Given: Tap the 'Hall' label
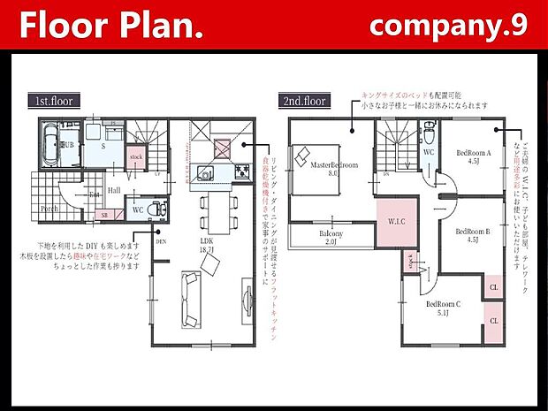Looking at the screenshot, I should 115,189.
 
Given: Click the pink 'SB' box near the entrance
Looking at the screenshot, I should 105,215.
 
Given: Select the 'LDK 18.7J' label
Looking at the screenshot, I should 209,246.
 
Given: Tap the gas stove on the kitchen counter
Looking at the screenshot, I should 239,171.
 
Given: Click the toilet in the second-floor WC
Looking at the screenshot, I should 428,137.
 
